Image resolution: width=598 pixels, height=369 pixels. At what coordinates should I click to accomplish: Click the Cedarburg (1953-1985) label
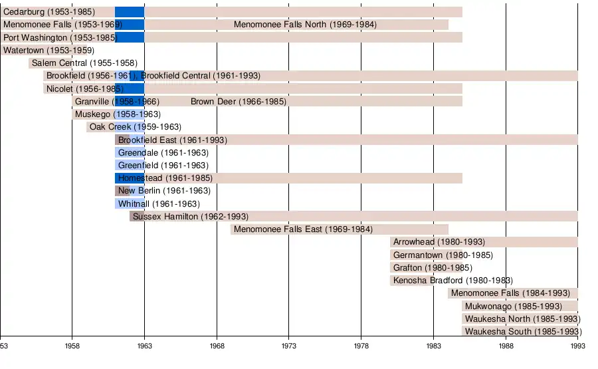click(x=49, y=12)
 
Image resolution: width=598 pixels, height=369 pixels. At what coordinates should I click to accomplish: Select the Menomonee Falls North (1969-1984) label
click(x=305, y=25)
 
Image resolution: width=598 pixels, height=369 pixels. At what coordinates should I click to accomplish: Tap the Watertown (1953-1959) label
click(x=49, y=51)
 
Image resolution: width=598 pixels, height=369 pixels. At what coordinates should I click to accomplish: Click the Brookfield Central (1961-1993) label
click(x=201, y=76)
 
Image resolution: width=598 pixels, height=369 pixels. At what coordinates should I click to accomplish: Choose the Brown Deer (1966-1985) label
click(x=238, y=102)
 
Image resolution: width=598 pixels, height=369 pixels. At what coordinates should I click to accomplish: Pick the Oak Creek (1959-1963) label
click(x=135, y=127)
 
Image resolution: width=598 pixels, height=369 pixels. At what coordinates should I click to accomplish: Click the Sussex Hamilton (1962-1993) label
click(x=190, y=217)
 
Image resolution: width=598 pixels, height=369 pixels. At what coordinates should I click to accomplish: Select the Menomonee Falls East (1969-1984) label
click(x=303, y=229)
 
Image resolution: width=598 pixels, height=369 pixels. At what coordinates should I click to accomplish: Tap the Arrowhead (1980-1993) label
click(x=439, y=242)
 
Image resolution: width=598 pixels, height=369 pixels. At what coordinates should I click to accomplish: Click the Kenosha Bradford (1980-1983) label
click(x=452, y=281)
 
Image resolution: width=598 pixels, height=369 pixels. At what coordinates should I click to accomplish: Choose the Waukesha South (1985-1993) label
click(x=523, y=332)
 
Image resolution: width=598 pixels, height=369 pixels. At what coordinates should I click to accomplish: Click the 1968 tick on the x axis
click(x=217, y=346)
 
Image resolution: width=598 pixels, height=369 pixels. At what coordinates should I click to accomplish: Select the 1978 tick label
click(x=361, y=346)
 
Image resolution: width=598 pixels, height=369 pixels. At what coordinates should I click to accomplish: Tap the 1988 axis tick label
click(x=506, y=346)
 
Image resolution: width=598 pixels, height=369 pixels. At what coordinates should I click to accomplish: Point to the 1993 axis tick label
click(x=577, y=346)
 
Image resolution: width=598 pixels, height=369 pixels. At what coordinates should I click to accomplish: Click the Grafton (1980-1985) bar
click(x=426, y=268)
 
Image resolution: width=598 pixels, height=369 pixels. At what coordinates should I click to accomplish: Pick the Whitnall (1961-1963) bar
click(x=130, y=204)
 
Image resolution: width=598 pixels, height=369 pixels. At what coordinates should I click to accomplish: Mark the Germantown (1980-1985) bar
click(x=426, y=255)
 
